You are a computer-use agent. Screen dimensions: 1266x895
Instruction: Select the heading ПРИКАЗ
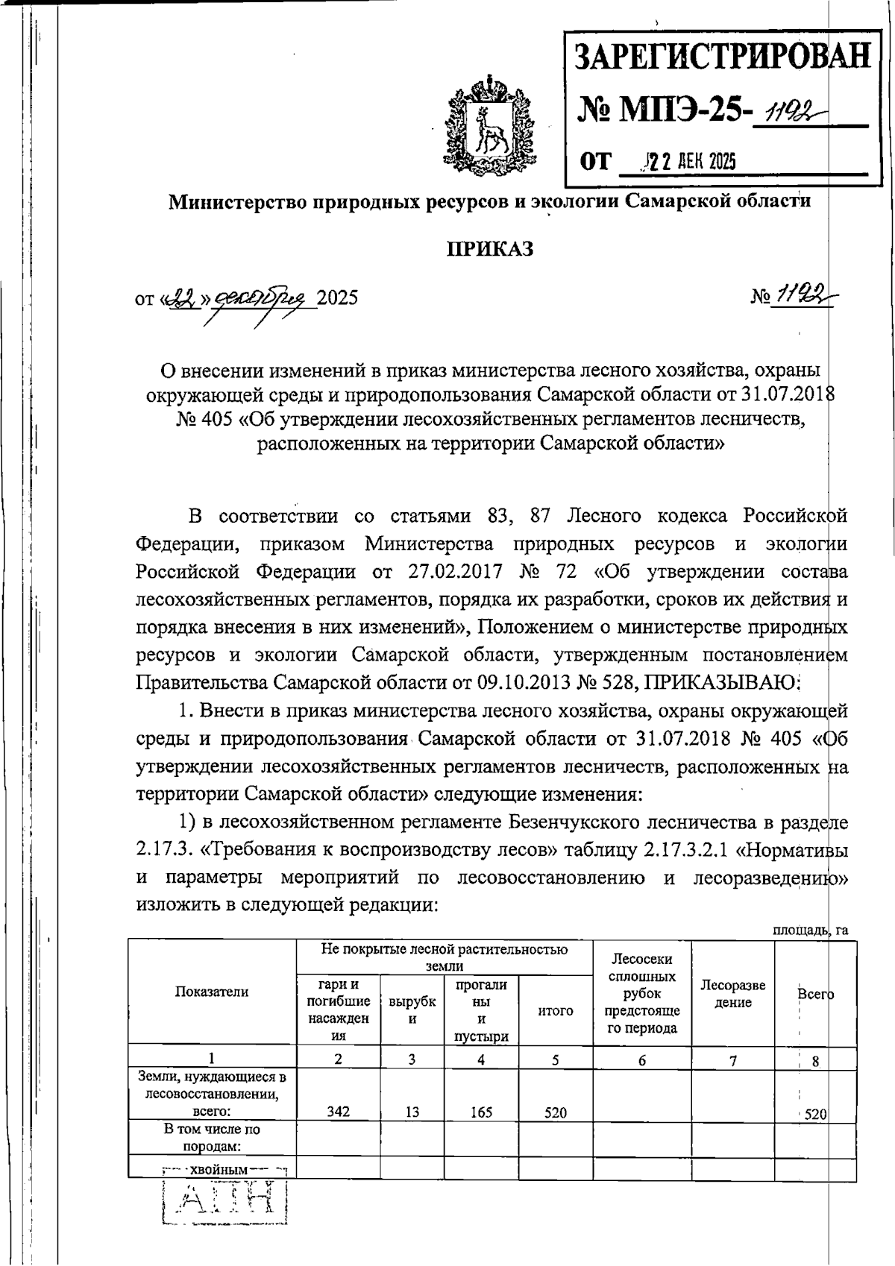tap(490, 249)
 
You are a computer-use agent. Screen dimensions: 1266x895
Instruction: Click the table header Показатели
tap(212, 992)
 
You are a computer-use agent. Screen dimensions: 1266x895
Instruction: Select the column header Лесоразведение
tap(733, 994)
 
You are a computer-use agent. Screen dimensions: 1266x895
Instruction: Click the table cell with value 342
tap(338, 1112)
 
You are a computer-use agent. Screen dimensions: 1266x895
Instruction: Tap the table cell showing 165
tap(482, 1112)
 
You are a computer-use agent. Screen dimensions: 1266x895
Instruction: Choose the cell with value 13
tap(412, 1112)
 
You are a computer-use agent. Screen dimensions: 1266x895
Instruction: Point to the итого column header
tap(555, 1011)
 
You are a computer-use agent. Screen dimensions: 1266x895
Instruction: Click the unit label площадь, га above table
tap(809, 930)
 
